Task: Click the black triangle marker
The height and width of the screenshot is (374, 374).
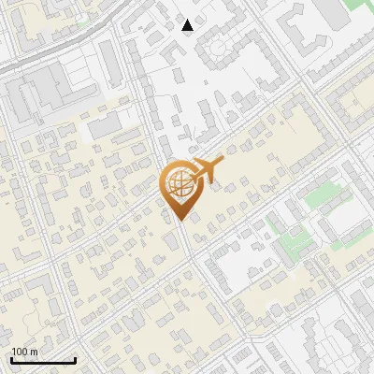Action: point(188,25)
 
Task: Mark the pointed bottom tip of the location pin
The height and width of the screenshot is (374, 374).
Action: point(178,222)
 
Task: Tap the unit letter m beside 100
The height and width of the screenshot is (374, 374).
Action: point(34,352)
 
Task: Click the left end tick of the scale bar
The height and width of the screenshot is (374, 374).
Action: point(11,360)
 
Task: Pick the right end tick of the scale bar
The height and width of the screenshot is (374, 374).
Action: point(75,360)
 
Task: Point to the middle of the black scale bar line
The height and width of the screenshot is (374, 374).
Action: point(43,361)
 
